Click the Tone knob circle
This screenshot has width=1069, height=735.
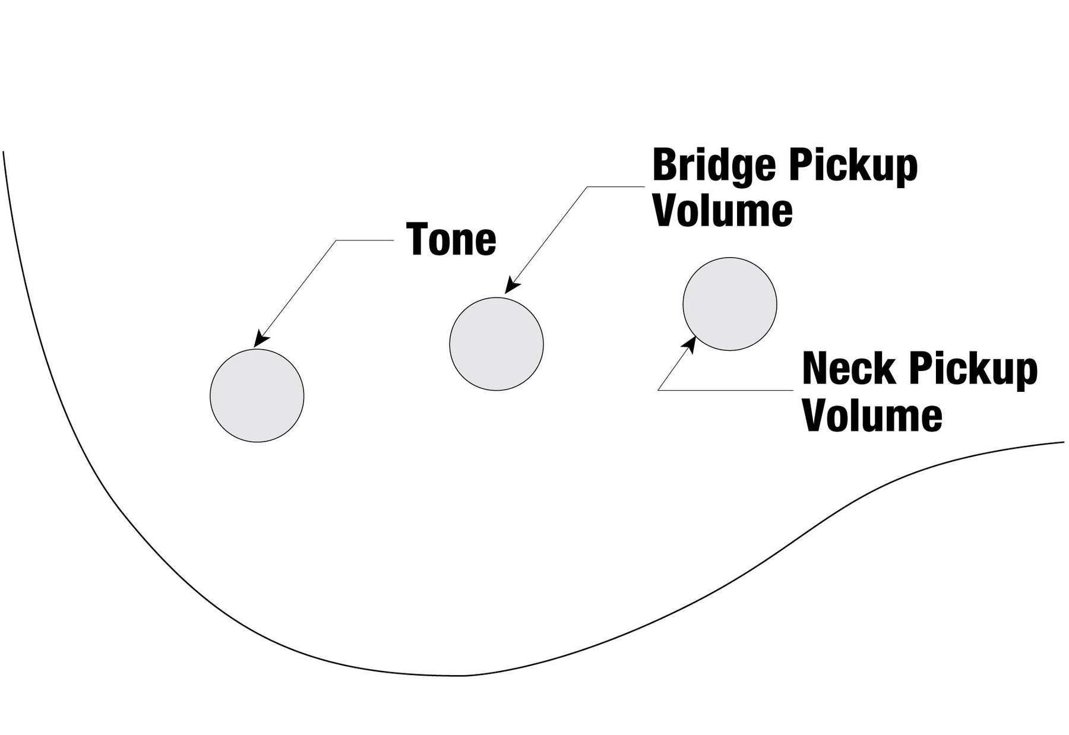coord(257,395)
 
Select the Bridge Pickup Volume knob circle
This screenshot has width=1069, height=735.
coord(496,344)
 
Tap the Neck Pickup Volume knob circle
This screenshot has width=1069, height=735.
coord(729,304)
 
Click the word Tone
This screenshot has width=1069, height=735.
coord(451,240)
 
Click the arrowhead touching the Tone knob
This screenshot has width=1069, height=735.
coord(260,340)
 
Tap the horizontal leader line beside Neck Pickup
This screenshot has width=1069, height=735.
coord(725,390)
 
